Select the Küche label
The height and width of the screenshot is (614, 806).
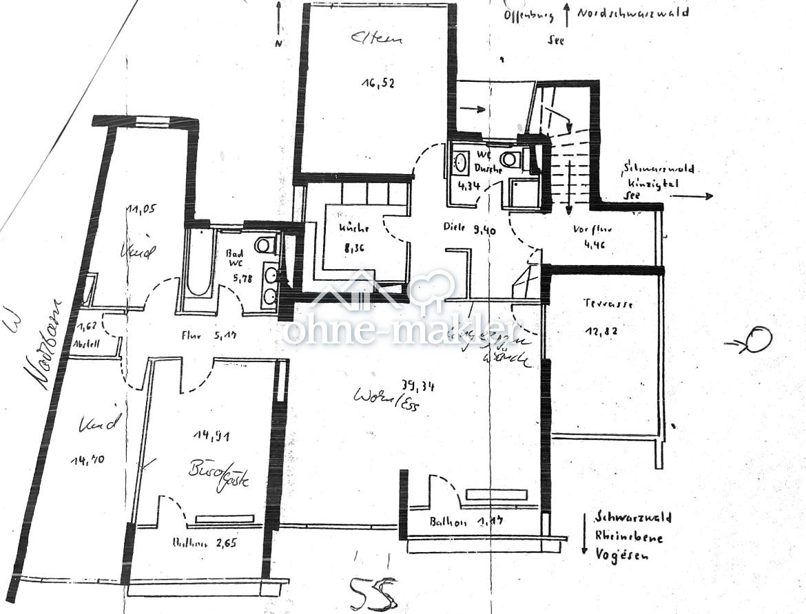point(353,229)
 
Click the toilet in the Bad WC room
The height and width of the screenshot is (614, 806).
point(263,244)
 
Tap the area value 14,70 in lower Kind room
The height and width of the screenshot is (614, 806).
point(87,460)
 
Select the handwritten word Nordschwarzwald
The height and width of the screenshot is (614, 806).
point(632,13)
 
